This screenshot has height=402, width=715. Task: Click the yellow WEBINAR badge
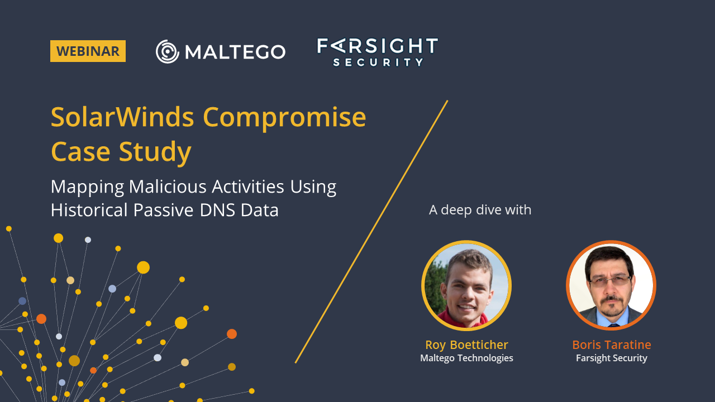coord(88,51)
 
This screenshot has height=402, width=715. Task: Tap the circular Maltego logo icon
coord(167,51)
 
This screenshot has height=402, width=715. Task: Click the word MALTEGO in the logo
coord(235,52)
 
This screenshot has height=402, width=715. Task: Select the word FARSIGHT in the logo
coord(377,46)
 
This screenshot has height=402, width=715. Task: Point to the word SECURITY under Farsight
coord(378,62)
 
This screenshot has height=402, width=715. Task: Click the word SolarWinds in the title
coord(122,117)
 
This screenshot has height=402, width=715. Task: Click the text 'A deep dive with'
coord(480,210)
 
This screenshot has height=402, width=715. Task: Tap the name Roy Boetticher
coord(466,344)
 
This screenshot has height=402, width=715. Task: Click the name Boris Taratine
coord(611,344)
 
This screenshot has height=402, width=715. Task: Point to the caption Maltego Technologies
coord(466,358)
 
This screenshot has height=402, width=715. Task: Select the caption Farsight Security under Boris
coord(611,358)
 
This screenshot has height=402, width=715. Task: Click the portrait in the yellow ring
coord(466,285)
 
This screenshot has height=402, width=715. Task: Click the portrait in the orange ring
coord(611,285)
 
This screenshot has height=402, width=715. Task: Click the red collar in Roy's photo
coord(463,320)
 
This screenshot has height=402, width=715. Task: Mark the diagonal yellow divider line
coord(371,232)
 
